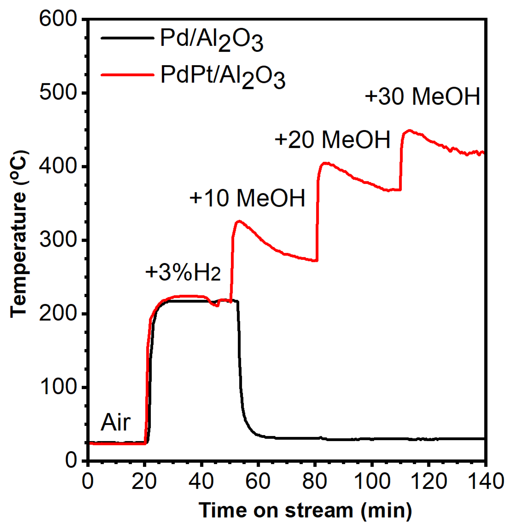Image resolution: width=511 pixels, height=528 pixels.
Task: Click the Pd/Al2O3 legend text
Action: tap(212, 40)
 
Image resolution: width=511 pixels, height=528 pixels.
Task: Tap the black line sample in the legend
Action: tap(127, 38)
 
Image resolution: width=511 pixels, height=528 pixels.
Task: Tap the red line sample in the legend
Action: tap(127, 75)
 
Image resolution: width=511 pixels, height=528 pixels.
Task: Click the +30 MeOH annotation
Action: tap(422, 97)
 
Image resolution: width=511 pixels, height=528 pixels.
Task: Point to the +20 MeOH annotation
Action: tap(332, 140)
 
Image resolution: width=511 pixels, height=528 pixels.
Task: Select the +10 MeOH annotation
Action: tap(247, 198)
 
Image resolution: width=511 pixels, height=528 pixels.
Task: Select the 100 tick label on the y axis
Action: tap(58, 387)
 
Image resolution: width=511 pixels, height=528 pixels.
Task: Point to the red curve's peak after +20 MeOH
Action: tap(325, 163)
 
